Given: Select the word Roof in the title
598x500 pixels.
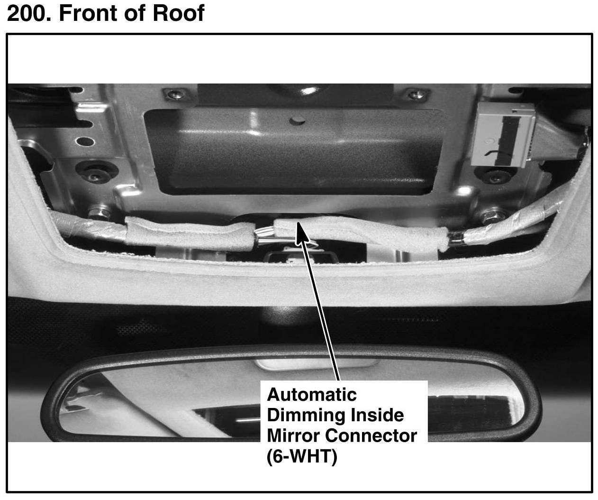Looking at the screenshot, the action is [178, 13].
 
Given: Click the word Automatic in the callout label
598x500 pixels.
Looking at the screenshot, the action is [311, 395].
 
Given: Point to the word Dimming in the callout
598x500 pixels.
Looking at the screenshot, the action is [306, 415].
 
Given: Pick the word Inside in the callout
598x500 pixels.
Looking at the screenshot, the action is [377, 415].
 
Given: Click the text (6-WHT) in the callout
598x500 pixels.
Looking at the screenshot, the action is [302, 456].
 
